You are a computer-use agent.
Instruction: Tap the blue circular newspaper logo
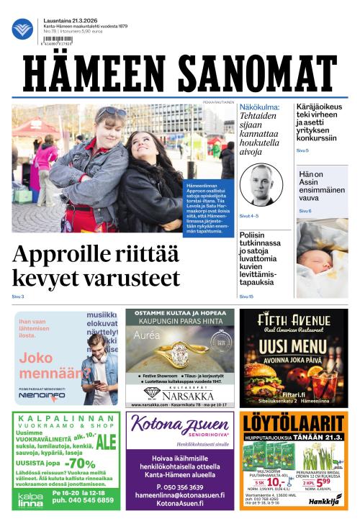(22, 29)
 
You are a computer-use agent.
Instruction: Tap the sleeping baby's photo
(321, 259)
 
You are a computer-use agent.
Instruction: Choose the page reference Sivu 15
(246, 297)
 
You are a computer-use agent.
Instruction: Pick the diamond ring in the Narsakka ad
(177, 353)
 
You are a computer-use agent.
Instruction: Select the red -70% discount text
(73, 464)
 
